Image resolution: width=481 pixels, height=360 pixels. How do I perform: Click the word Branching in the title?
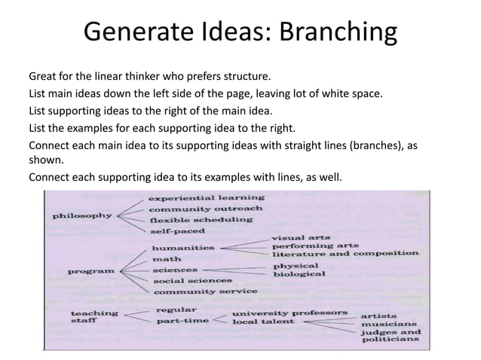click(x=338, y=34)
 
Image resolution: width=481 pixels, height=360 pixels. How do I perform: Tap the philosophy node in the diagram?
click(x=82, y=215)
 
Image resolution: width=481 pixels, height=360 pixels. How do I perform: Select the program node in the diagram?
click(x=91, y=270)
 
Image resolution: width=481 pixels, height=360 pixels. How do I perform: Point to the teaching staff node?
click(x=93, y=317)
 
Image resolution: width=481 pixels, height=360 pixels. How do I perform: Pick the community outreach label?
click(x=205, y=209)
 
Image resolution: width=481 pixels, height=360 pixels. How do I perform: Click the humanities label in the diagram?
click(x=183, y=247)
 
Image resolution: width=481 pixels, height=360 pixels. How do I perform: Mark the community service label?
click(x=204, y=291)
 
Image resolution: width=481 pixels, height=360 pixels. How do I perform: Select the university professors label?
click(x=290, y=312)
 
